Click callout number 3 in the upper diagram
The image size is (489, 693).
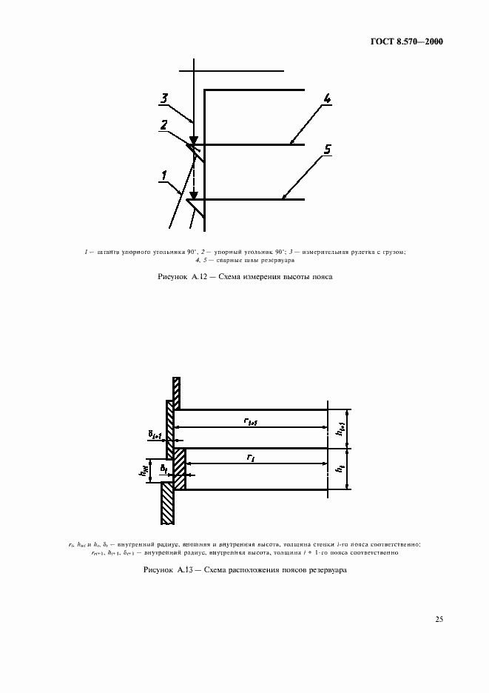pyautogui.click(x=164, y=97)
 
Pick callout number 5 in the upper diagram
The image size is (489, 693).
pyautogui.click(x=326, y=150)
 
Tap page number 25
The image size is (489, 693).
pyautogui.click(x=439, y=619)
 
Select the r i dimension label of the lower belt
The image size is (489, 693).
pyautogui.click(x=251, y=458)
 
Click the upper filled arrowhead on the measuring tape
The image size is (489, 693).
pyautogui.click(x=193, y=139)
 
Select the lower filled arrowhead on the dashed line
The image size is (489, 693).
pyautogui.click(x=194, y=194)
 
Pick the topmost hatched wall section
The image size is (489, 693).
pyautogui.click(x=177, y=392)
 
